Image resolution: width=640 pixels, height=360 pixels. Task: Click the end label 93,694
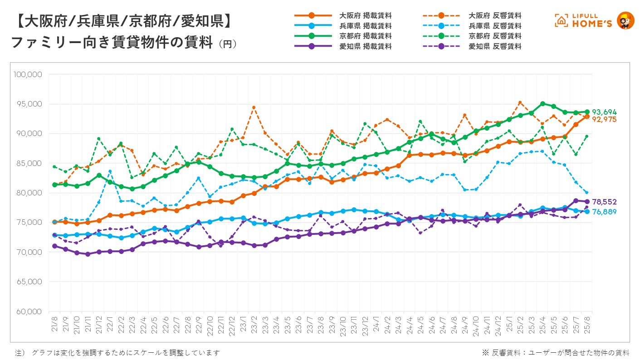coord(604,112)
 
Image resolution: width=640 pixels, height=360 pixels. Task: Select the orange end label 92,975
coord(604,119)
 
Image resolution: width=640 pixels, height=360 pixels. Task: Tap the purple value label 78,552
coord(604,202)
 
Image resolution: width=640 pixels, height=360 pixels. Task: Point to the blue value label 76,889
coord(604,212)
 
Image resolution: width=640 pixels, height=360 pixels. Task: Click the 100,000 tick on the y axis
coord(29,74)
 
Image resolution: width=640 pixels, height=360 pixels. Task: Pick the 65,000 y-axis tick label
coord(29,282)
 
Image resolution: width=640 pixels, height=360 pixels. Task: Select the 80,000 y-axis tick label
coord(29,193)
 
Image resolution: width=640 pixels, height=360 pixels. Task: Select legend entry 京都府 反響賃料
coord(495,36)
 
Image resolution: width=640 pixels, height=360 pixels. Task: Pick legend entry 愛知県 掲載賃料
coord(366,46)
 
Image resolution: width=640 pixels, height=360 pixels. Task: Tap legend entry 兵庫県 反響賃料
coord(495,26)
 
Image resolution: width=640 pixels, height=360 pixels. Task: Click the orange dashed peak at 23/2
coord(254,107)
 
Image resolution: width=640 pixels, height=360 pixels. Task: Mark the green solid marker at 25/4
coord(542,103)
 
